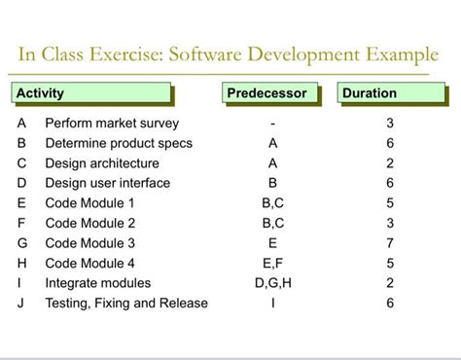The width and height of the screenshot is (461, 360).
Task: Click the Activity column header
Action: point(41,93)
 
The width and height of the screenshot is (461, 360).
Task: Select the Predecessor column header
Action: point(266,93)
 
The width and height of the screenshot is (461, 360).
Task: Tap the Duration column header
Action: point(370,93)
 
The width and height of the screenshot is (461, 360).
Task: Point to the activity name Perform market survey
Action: point(112,124)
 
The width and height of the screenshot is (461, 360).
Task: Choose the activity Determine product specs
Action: point(119,143)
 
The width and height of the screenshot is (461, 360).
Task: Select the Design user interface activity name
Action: point(107,183)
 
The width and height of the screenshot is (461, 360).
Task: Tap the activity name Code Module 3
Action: point(89,243)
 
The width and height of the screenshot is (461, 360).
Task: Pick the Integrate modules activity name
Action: point(97,283)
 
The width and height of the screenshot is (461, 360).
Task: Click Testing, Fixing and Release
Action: point(126,303)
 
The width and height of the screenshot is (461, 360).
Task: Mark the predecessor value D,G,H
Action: point(272,283)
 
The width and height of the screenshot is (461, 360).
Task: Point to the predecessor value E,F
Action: point(272,263)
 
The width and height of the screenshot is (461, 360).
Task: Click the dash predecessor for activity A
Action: point(273,124)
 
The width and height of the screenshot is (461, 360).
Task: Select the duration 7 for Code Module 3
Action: point(390,243)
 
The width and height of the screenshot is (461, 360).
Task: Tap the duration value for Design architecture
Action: point(390,163)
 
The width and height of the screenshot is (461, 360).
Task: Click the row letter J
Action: point(21,303)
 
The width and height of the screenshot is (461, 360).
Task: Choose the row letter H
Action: point(21,263)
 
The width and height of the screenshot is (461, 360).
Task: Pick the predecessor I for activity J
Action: point(273,303)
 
